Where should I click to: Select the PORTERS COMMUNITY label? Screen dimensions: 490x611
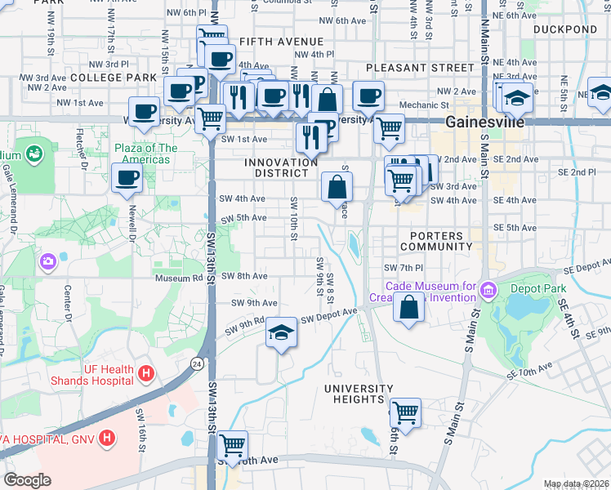click(436, 240)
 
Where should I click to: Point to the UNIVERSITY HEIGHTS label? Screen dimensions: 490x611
click(354, 394)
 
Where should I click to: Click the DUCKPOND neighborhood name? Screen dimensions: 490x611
click(565, 29)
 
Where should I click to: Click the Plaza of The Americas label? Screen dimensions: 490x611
click(145, 154)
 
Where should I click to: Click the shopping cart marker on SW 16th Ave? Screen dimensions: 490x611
click(232, 445)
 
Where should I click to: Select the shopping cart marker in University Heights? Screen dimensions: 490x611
click(405, 412)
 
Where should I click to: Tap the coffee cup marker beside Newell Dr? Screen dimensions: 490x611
click(127, 178)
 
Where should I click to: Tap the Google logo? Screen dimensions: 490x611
click(27, 479)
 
